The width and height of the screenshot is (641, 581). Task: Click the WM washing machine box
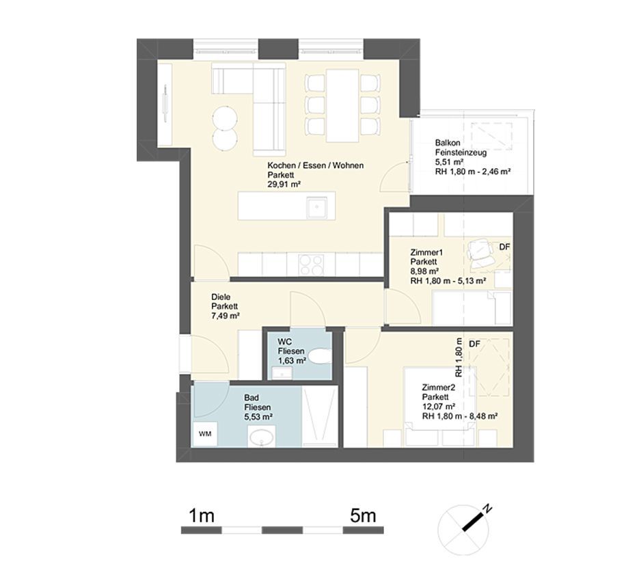(x=205, y=434)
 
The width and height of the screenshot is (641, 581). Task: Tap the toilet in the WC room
(x=320, y=355)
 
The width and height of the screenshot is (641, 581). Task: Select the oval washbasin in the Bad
(x=261, y=437)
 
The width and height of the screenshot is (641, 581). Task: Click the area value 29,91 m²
(x=284, y=185)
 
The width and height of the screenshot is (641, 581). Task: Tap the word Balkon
(x=448, y=143)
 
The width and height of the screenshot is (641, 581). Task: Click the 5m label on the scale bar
(x=363, y=515)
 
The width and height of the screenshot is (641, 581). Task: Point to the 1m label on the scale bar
(x=202, y=515)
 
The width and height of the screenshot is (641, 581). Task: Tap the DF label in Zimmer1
(x=505, y=247)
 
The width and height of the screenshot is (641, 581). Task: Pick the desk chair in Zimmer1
(x=480, y=254)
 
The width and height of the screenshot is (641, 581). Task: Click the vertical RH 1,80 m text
(x=459, y=357)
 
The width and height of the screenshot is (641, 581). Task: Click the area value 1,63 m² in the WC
(x=292, y=361)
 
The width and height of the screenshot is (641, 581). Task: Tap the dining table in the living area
(x=342, y=105)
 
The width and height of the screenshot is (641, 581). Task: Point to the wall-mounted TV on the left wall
(x=165, y=103)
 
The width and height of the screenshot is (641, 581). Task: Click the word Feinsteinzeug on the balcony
(x=461, y=153)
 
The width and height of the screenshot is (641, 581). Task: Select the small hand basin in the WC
(x=282, y=373)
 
